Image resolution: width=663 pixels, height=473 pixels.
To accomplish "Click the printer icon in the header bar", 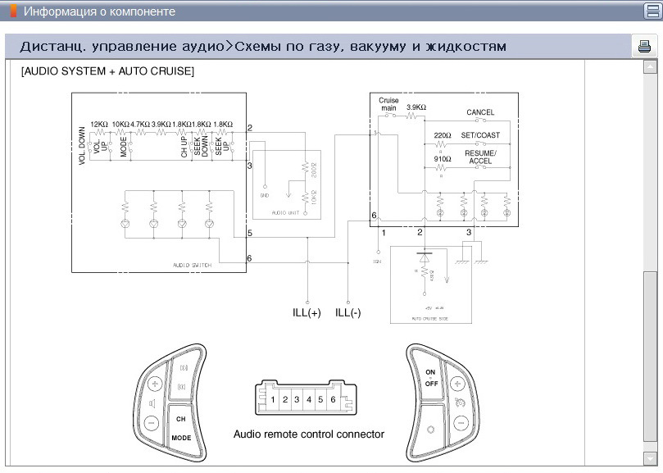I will click(643, 47).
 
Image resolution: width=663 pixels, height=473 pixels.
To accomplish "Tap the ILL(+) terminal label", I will click(307, 313).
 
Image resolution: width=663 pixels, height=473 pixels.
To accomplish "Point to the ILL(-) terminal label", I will click(347, 313).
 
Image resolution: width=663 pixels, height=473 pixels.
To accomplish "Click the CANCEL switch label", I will click(480, 112).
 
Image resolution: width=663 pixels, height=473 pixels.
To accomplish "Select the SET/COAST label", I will click(479, 135).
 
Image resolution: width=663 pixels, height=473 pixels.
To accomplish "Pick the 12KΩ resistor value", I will click(100, 124).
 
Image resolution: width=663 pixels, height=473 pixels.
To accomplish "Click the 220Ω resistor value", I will click(443, 135).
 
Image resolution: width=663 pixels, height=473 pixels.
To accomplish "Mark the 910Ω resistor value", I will click(443, 158).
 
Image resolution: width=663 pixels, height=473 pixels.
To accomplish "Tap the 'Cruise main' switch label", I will click(388, 104).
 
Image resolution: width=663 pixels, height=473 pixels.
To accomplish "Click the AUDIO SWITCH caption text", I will click(192, 266).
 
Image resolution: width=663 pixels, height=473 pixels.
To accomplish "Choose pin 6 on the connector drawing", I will click(332, 400).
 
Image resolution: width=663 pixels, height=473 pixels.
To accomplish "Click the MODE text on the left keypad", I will click(181, 439).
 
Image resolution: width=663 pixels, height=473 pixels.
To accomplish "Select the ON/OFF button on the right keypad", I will click(431, 378).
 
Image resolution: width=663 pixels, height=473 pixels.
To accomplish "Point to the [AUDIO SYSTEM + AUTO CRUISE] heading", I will click(107, 71).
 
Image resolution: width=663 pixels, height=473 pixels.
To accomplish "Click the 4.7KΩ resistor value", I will click(140, 124).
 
